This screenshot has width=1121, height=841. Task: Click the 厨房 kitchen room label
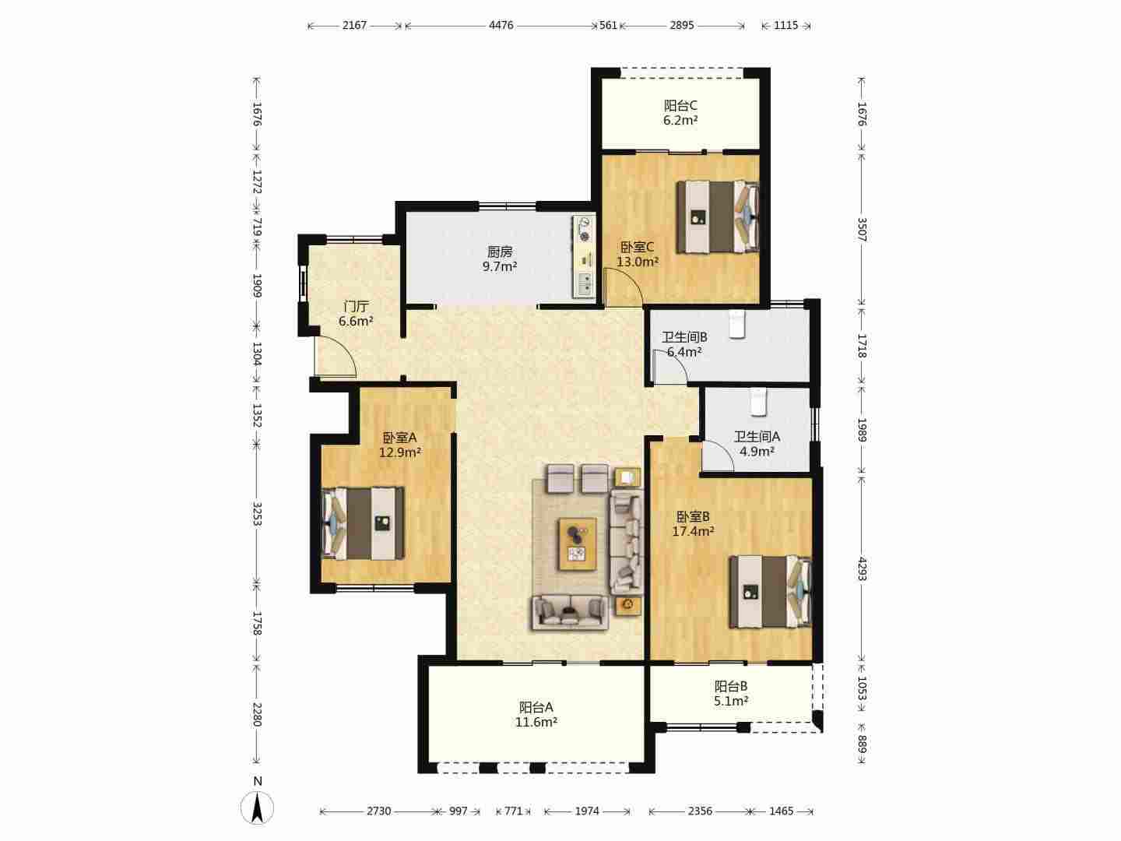(500, 252)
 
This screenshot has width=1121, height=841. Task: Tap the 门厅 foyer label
(356, 306)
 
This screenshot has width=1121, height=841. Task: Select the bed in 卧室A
(363, 523)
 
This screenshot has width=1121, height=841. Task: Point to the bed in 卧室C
(718, 216)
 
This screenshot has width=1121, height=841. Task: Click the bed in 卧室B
(770, 591)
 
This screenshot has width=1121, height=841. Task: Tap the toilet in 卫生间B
(737, 324)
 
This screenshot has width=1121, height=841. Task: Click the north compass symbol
(258, 808)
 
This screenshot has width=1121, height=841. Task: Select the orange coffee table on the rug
(577, 544)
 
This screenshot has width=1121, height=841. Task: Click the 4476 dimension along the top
(501, 25)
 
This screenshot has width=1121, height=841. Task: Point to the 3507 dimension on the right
(862, 229)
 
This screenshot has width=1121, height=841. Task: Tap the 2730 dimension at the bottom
(379, 811)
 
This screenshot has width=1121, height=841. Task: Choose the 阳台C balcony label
(680, 106)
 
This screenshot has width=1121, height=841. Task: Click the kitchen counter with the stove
(583, 256)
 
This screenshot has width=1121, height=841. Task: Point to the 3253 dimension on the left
(257, 514)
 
